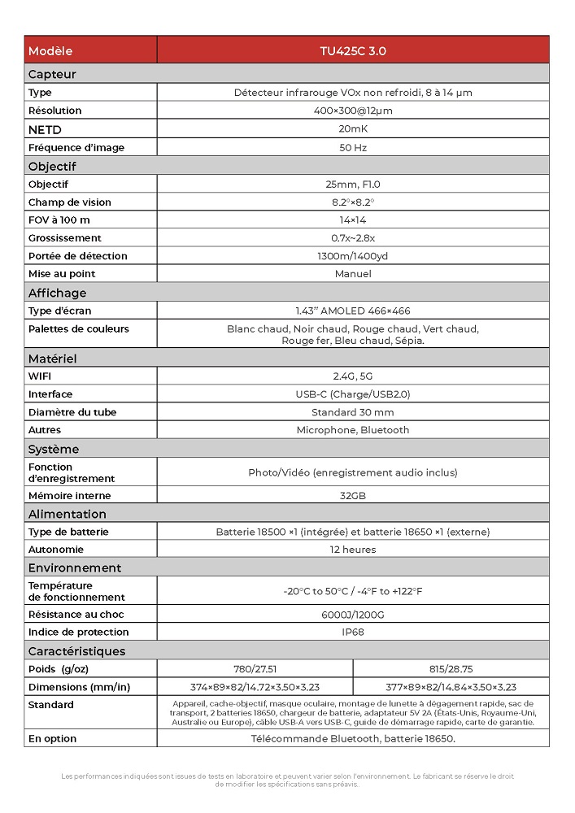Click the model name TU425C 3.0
pos(353,50)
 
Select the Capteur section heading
pos(52,74)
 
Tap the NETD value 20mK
pos(353,129)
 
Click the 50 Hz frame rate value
pos(353,147)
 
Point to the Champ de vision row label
pos(70,202)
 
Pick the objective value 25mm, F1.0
pos(353,184)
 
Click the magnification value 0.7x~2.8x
pos(353,237)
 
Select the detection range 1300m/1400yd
pos(353,255)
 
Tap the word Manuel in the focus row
pos(353,273)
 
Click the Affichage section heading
pos(57,293)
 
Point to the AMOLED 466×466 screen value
pos(353,311)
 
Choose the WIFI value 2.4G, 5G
pos(353,376)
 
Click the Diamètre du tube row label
pos(72,412)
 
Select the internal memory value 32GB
pos(353,495)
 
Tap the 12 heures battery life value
pos(353,550)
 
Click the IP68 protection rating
pos(353,632)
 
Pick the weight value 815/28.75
pos(451,669)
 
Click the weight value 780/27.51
pos(255,669)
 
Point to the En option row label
pos(52,738)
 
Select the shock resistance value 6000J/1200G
pos(353,614)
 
